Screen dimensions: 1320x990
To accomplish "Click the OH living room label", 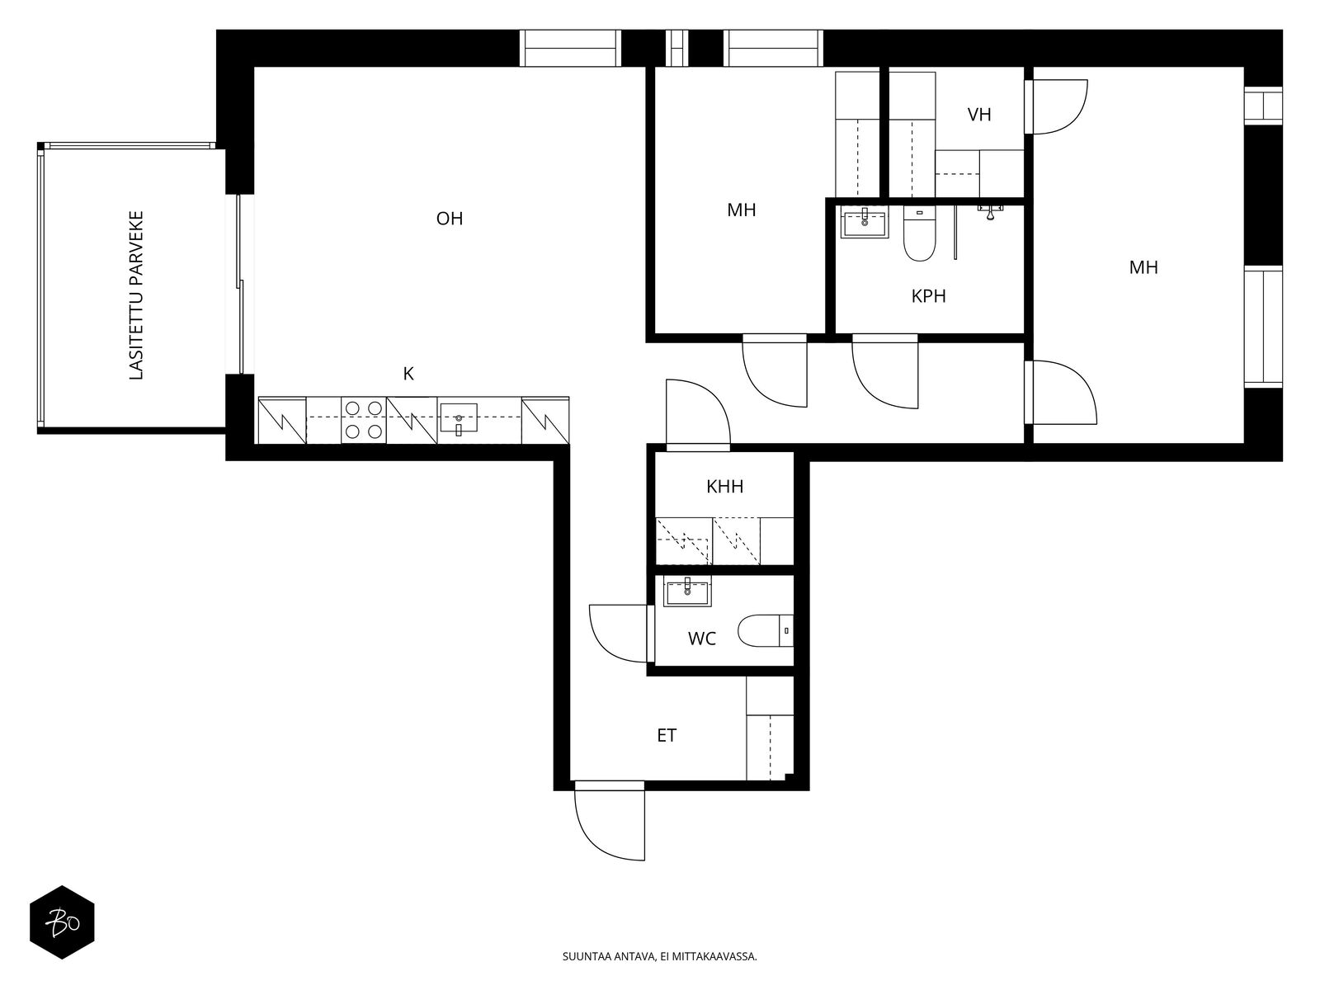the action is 450,218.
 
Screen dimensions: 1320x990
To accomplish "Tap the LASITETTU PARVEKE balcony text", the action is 136,295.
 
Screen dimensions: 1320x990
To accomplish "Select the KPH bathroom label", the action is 928,295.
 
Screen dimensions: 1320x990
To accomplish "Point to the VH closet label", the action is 979,114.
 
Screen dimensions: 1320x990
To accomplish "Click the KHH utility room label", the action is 724,486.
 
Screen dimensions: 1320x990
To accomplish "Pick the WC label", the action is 702,639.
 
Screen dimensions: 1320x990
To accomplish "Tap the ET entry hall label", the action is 667,735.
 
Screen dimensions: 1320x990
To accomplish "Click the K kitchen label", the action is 408,374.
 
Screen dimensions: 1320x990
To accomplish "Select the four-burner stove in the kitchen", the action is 363,420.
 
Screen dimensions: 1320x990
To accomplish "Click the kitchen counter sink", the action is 459,417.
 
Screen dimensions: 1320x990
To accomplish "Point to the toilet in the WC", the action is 765,630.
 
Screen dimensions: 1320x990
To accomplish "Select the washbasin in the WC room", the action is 687,592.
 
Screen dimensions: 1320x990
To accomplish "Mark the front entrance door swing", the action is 610,821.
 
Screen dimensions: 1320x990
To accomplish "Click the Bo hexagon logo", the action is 62,922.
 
